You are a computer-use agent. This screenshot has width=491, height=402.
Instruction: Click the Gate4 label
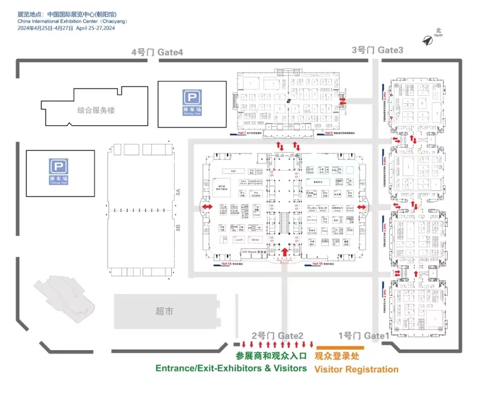point(157,52)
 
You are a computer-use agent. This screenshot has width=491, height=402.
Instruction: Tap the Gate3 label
point(377,50)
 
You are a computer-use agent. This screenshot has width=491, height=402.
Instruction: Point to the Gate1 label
point(364,336)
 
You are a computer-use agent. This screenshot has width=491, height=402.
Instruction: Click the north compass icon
point(428,41)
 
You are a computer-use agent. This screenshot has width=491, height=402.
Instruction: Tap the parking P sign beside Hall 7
point(192,100)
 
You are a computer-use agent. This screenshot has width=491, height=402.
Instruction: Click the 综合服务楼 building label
point(96,110)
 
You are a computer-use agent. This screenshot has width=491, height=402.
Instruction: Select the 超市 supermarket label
point(164,311)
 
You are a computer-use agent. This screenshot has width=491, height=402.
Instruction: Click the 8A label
point(179,193)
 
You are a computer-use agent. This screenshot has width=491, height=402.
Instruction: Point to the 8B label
point(179,226)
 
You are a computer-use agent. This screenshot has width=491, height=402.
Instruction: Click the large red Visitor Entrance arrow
point(285,251)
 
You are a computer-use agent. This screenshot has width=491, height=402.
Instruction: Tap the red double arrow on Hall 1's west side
point(207,207)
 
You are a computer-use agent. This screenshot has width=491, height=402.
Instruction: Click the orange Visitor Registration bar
point(340,347)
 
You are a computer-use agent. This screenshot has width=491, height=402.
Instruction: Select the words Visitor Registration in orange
point(356,369)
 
